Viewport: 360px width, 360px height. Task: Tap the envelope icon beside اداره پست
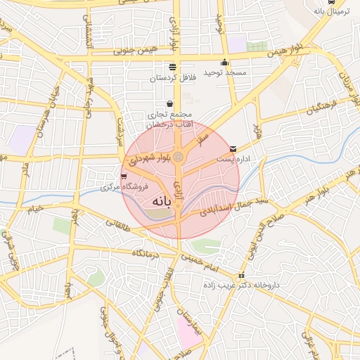(233, 149)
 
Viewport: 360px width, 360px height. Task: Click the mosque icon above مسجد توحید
(224, 63)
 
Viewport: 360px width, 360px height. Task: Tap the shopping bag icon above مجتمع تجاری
(170, 104)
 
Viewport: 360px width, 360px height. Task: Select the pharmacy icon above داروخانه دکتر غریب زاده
(242, 276)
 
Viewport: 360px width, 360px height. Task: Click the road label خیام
(35, 207)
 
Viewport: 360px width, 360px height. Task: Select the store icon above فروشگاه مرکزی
(124, 176)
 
